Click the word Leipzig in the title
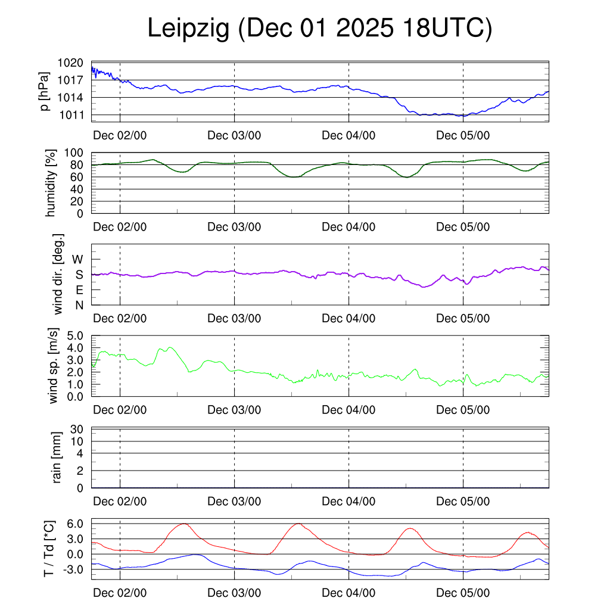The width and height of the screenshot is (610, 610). pyautogui.click(x=188, y=29)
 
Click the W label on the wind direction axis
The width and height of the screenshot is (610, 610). pyautogui.click(x=78, y=259)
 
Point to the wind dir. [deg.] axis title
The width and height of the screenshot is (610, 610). pyautogui.click(x=58, y=275)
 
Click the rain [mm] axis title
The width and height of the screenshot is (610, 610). pyautogui.click(x=57, y=458)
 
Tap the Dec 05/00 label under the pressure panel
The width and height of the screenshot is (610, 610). pyautogui.click(x=463, y=135)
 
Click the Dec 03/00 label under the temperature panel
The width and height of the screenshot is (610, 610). pyautogui.click(x=234, y=593)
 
